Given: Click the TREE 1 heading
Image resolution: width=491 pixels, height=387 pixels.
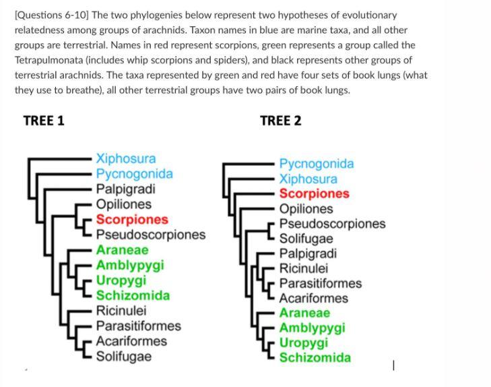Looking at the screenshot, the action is click(44, 121).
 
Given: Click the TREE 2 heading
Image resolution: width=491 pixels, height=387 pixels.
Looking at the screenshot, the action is click(280, 121).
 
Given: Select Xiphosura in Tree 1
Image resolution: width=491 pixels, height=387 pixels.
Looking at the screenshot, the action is click(125, 158).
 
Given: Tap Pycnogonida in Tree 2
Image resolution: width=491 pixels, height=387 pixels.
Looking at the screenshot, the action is click(316, 164).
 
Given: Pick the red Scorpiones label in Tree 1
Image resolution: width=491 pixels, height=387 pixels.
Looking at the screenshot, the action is click(131, 219).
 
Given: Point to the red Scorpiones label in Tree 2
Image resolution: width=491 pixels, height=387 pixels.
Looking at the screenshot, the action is click(314, 193).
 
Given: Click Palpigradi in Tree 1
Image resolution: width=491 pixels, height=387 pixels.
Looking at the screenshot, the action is click(125, 189).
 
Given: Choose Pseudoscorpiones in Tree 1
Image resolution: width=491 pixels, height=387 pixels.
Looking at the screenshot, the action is click(150, 235).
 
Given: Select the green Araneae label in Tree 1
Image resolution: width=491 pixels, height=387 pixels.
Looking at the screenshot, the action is click(122, 250).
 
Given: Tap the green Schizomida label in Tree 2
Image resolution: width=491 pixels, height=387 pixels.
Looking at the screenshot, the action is click(315, 357).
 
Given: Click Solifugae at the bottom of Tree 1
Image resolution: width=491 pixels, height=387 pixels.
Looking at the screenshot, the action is click(123, 356).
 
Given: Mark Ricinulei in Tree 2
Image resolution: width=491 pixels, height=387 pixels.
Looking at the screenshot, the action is click(303, 268).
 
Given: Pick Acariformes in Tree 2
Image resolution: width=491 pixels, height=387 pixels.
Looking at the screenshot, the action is click(313, 298).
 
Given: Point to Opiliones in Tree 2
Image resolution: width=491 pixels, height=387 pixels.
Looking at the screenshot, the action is click(306, 209).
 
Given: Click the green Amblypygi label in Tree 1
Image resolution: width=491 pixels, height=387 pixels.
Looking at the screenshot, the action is click(129, 265).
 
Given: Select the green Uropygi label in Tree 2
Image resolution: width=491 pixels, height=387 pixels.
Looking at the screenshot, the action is click(304, 343).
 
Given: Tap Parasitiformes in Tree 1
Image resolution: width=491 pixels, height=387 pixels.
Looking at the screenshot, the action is click(138, 326).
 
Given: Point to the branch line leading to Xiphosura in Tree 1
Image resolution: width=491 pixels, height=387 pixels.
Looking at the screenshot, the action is click(61, 159).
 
